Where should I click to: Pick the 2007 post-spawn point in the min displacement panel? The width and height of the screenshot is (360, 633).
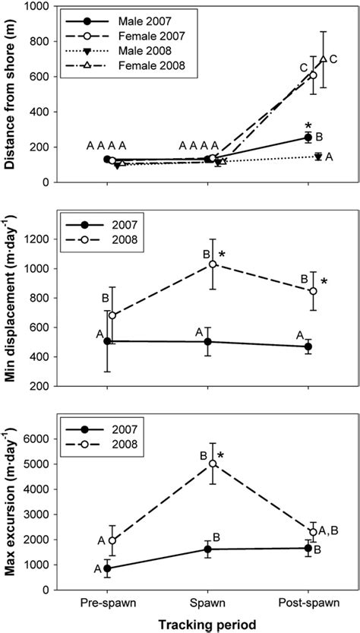[x=308, y=347]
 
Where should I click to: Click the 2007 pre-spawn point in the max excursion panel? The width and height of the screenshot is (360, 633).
[x=108, y=568]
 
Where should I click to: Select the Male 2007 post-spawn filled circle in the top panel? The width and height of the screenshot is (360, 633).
[x=308, y=138]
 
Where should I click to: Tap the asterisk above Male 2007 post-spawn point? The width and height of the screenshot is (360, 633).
[x=308, y=125]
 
